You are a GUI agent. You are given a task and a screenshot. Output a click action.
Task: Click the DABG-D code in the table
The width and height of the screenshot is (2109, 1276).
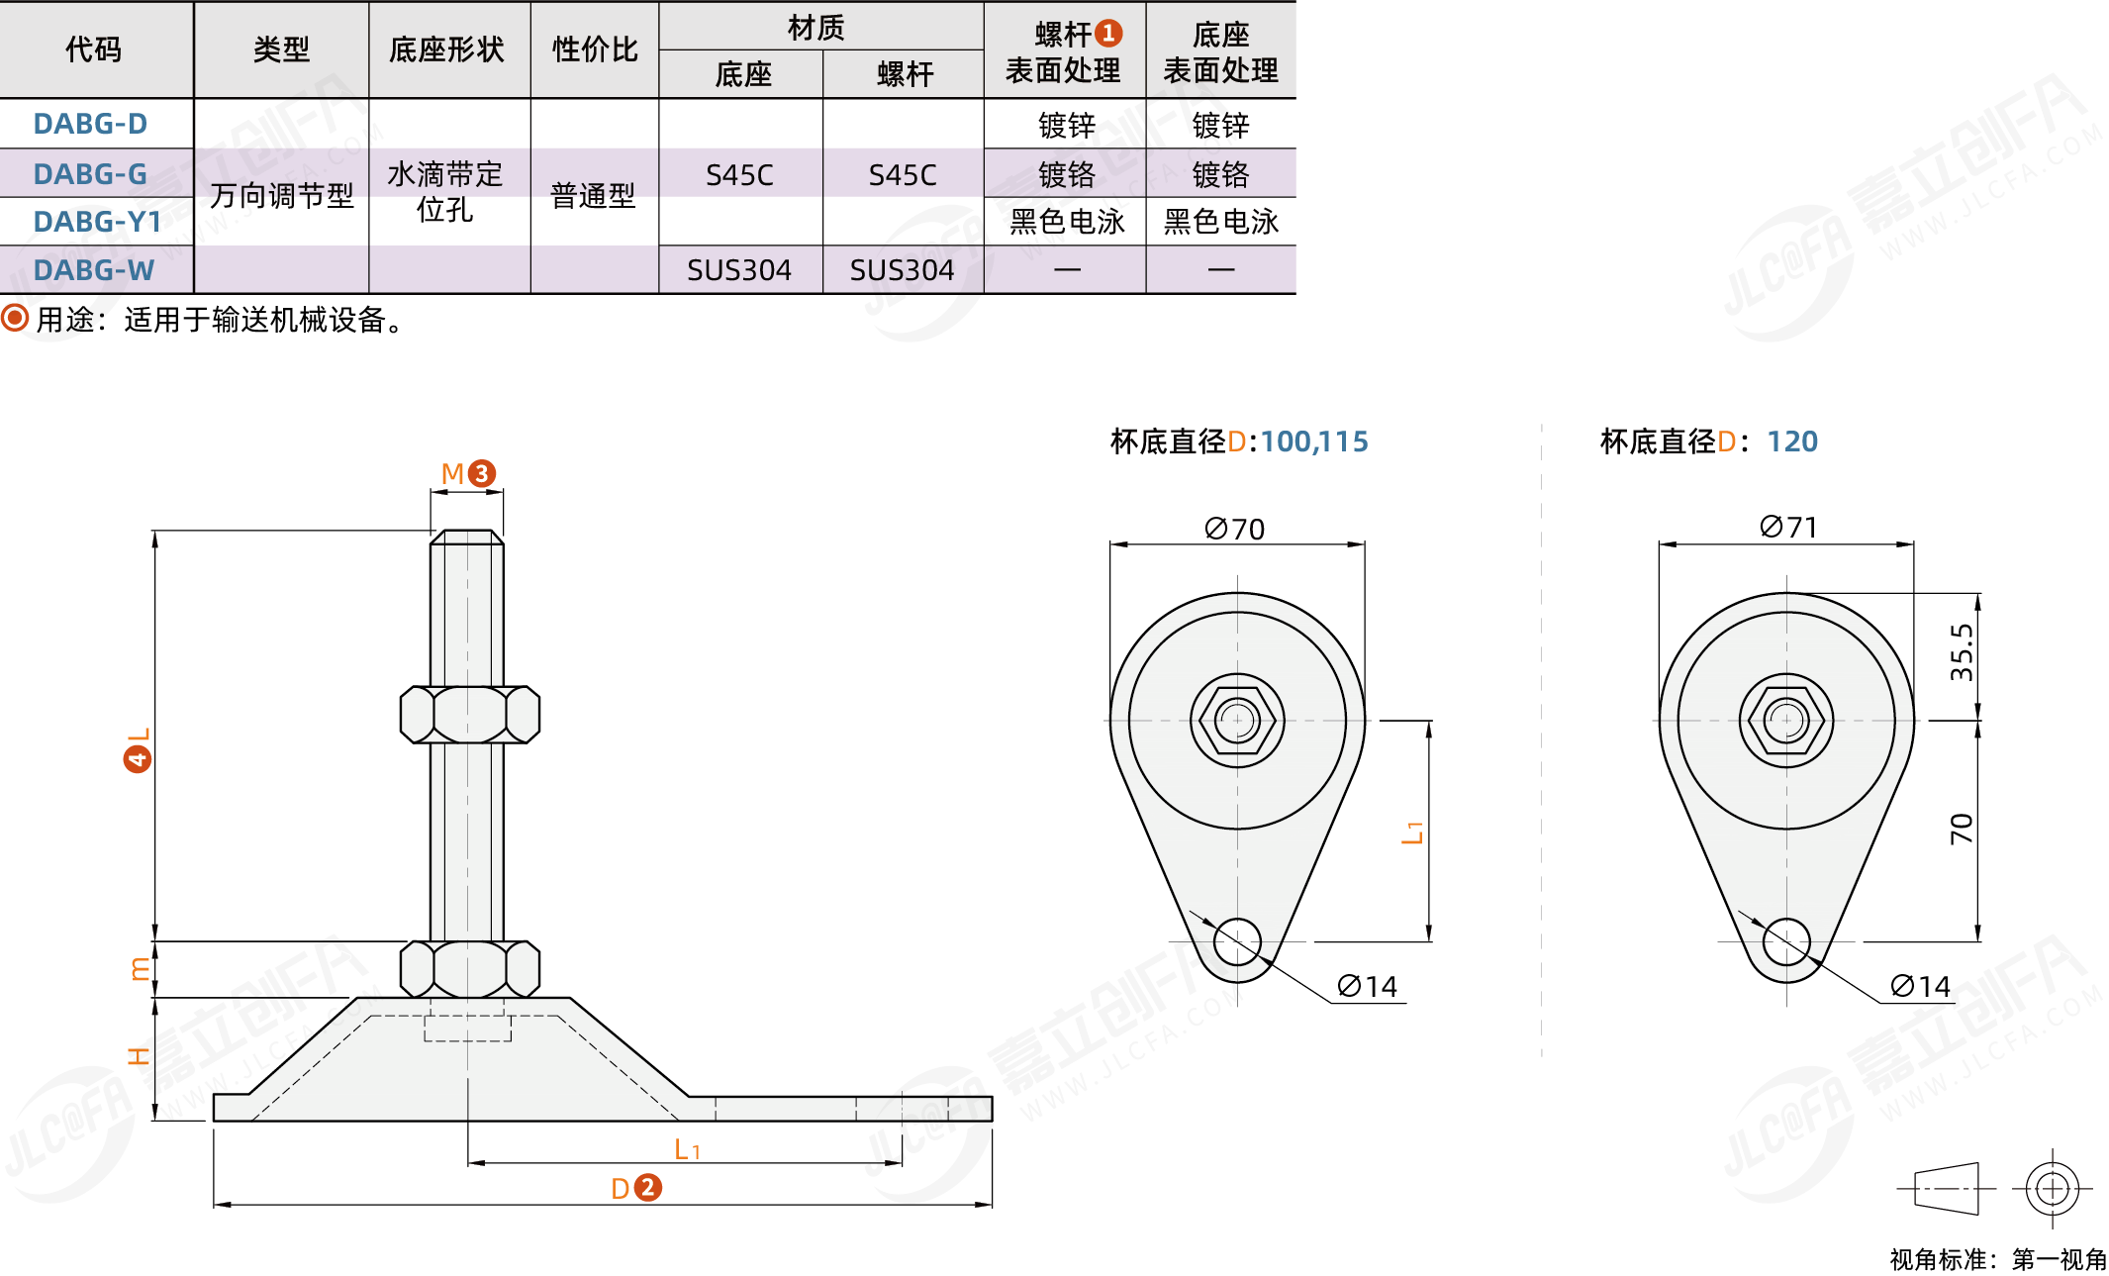(90, 124)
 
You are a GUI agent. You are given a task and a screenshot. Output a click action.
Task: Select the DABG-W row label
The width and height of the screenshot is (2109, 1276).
(93, 270)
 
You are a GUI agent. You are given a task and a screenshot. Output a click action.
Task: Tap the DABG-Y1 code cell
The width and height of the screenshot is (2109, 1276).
(97, 222)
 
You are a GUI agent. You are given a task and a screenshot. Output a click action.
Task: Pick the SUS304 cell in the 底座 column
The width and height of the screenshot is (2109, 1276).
(739, 270)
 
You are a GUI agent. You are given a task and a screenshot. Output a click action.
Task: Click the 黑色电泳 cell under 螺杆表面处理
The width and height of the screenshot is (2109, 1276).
(1066, 222)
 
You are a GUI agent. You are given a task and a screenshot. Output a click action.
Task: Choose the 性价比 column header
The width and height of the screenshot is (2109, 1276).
(595, 49)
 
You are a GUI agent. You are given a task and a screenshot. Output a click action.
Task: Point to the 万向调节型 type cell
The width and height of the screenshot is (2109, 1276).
(281, 196)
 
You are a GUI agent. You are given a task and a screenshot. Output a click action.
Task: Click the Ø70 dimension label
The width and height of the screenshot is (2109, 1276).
(1234, 529)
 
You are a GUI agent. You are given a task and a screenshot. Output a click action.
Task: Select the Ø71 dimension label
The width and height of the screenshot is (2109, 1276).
(1787, 527)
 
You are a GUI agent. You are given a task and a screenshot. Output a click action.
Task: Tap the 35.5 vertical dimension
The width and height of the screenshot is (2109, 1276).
(1961, 652)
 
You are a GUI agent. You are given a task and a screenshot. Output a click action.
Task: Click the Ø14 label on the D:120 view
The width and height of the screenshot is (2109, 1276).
(1919, 986)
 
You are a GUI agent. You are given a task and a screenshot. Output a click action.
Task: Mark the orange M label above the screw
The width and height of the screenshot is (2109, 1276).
(452, 473)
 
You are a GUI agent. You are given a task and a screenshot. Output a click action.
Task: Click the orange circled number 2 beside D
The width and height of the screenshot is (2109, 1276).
(647, 1187)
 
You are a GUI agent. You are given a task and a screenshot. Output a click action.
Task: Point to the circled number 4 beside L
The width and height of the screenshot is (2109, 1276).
(138, 759)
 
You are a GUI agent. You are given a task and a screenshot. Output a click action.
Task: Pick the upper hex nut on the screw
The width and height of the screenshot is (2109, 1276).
(469, 714)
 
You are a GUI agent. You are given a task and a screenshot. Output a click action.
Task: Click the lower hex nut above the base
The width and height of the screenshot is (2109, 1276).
(469, 968)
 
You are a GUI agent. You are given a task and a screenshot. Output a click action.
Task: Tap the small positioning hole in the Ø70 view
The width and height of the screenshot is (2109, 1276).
(1237, 941)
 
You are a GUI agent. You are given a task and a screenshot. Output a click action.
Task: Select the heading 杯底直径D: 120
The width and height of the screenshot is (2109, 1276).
(1708, 442)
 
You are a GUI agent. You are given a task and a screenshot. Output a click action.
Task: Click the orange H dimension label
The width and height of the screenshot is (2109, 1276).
(139, 1056)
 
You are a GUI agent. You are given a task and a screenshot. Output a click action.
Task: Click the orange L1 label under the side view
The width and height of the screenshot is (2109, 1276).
(686, 1149)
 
